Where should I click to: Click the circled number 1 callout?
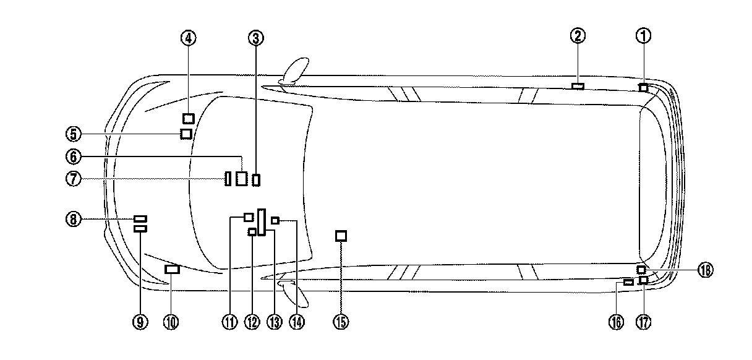pos(643,36)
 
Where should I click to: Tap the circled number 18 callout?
pos(705,270)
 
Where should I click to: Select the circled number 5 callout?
pos(73,134)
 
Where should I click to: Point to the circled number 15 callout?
pos(341,321)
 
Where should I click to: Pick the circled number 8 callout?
pos(73,218)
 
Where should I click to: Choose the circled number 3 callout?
pos(256,38)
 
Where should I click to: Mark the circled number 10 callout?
pos(171,321)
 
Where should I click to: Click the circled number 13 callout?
pos(274,321)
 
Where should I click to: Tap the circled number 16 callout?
pos(616,321)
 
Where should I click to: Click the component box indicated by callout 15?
pos(341,236)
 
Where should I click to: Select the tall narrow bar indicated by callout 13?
pos(262,221)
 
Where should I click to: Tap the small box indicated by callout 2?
pos(578,86)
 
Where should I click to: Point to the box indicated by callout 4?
pos(189,118)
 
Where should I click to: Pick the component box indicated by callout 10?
pos(172,269)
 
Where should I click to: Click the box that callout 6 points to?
pos(241,179)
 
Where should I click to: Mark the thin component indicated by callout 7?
pos(228,179)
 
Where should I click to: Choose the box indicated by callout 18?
pos(641,269)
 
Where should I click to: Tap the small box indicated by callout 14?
pos(275,220)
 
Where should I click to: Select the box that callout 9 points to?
pos(140,229)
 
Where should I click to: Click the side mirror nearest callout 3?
pos(295,70)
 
